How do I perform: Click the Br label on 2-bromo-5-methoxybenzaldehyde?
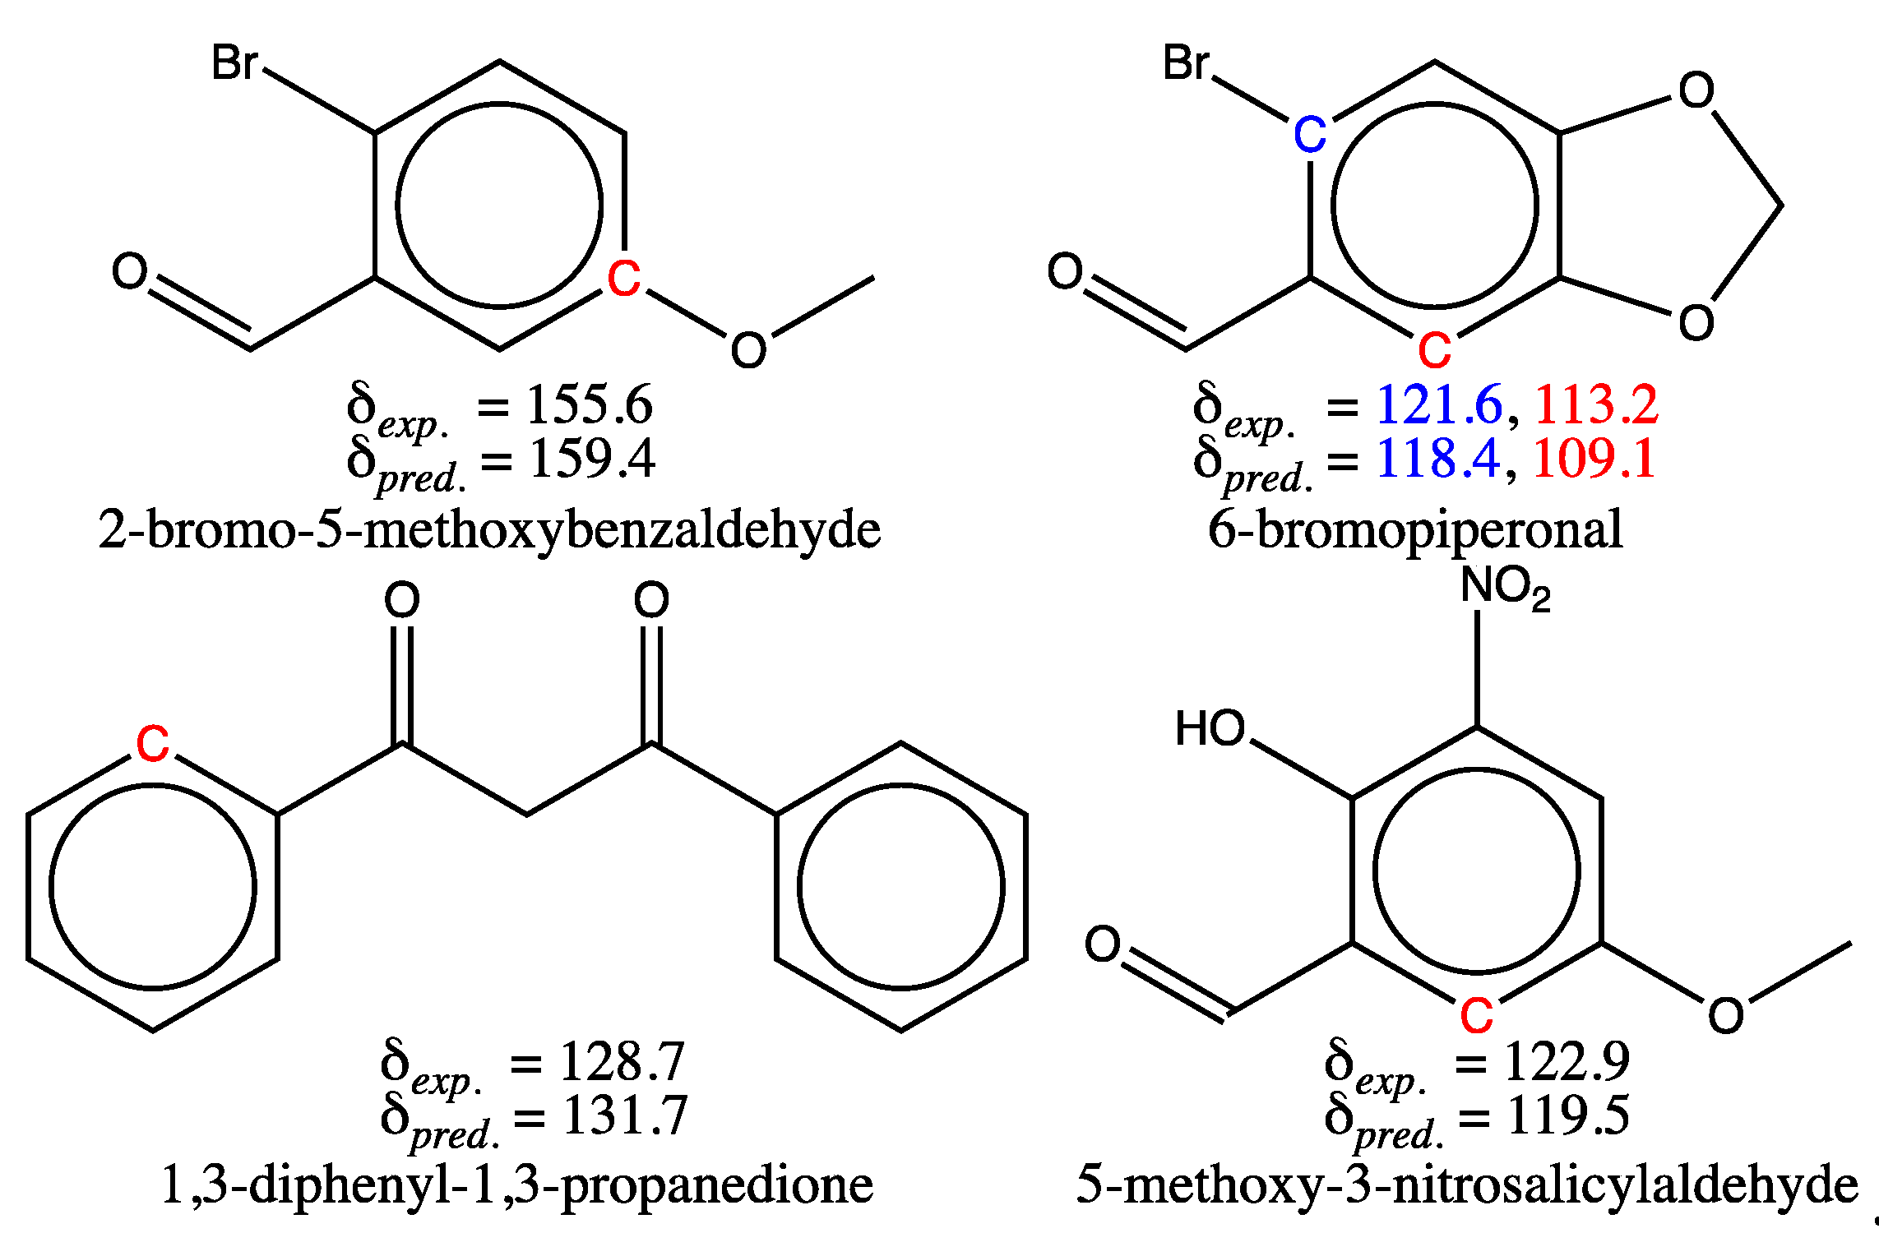pyautogui.click(x=234, y=62)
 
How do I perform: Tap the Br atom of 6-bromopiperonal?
pyautogui.click(x=1186, y=62)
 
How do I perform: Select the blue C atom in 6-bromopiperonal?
pyautogui.click(x=1310, y=135)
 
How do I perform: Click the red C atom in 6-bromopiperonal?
pyautogui.click(x=1434, y=351)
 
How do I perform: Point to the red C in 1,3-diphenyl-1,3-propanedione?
pyautogui.click(x=153, y=744)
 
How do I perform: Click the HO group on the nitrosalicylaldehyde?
pyautogui.click(x=1210, y=728)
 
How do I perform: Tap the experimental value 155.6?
pyautogui.click(x=589, y=404)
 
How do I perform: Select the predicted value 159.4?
pyautogui.click(x=592, y=458)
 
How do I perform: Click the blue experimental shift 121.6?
pyautogui.click(x=1438, y=404)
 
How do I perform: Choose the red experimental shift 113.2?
pyautogui.click(x=1596, y=404)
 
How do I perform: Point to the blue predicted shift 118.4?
pyautogui.click(x=1438, y=458)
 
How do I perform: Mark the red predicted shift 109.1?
pyautogui.click(x=1594, y=458)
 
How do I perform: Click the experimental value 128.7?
pyautogui.click(x=622, y=1061)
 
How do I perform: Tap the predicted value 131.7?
pyautogui.click(x=625, y=1115)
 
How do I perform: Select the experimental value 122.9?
pyautogui.click(x=1567, y=1061)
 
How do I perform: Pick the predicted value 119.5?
pyautogui.click(x=1567, y=1115)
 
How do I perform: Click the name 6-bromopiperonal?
pyautogui.click(x=1415, y=529)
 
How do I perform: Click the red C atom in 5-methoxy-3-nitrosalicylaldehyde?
pyautogui.click(x=1476, y=1016)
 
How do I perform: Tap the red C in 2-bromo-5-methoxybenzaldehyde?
pyautogui.click(x=623, y=279)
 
